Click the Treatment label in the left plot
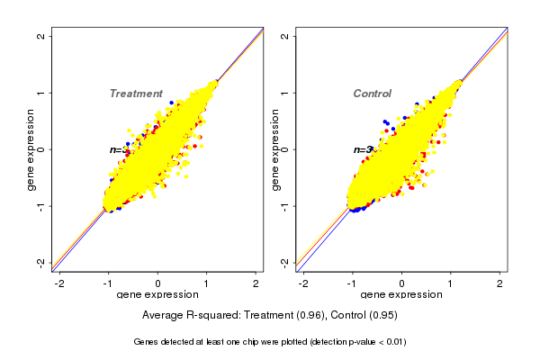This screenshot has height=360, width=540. coord(136,94)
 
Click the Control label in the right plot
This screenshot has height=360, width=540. coord(372,94)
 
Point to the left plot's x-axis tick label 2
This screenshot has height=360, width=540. coord(256,283)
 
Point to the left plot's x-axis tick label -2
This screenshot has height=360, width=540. coord(59,283)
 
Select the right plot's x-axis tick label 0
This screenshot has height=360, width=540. coord(402,283)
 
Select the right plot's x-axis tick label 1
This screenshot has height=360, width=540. coord(451,283)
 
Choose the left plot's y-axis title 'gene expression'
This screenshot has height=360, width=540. coord(31,149)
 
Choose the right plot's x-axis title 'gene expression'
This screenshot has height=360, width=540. coord(401,294)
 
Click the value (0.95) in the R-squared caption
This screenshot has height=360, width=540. coord(382,316)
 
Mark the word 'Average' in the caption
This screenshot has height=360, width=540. coord(163,316)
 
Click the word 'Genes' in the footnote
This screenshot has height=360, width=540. coord(146,343)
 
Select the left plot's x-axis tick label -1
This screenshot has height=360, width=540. coord(108,283)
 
